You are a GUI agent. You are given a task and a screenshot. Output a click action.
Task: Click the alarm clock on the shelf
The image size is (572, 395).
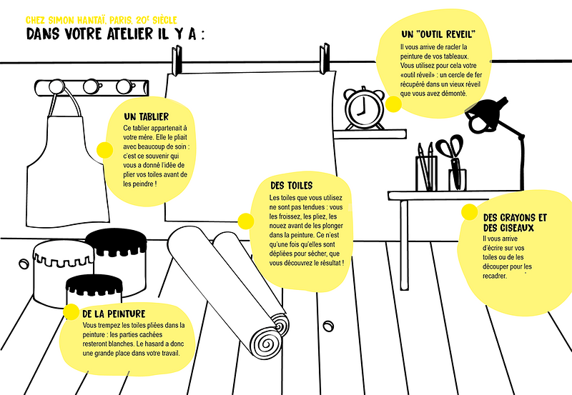point(364,109)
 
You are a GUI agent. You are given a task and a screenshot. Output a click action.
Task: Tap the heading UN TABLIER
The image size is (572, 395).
point(147,117)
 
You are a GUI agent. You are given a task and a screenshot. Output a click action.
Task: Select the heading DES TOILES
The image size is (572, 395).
point(292,186)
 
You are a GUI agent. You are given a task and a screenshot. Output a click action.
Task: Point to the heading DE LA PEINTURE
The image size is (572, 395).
point(114,314)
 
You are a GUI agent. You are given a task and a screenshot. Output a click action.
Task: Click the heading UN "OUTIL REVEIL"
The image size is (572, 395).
point(438,34)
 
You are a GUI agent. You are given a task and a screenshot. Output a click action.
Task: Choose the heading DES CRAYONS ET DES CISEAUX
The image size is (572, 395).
point(515,223)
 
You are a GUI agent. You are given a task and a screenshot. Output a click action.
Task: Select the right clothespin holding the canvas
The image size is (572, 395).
point(325,58)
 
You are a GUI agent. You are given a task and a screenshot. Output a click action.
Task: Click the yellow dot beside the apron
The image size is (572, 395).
point(104,150)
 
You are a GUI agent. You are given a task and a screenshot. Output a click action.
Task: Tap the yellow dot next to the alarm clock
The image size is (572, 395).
point(393,104)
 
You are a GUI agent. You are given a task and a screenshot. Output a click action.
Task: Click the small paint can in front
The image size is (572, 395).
point(94,291)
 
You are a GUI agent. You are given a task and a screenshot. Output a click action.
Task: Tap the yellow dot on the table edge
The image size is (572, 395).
point(469,212)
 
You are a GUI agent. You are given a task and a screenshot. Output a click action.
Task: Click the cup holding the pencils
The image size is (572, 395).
point(426,174)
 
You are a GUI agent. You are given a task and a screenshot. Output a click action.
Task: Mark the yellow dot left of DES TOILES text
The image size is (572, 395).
point(246,221)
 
